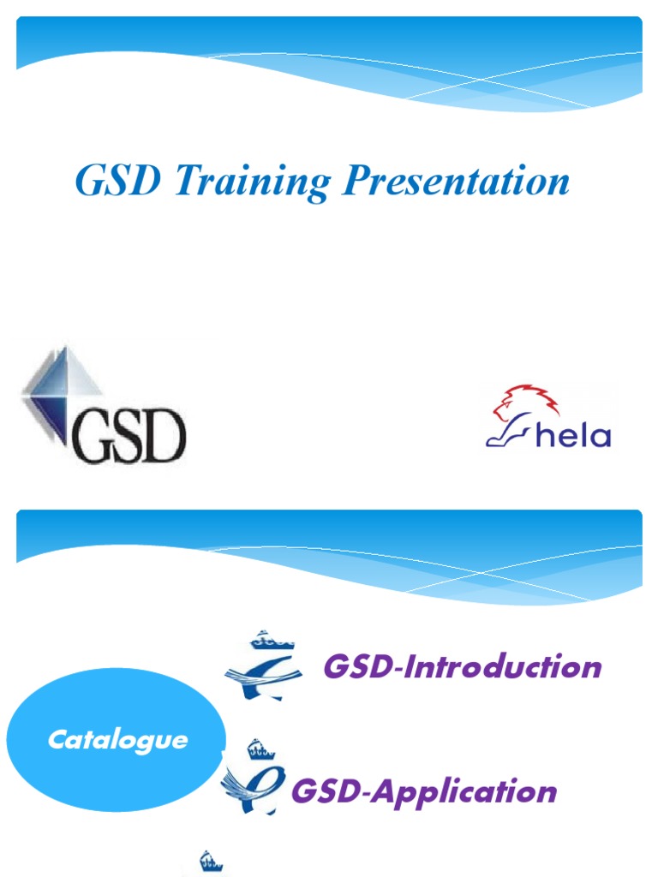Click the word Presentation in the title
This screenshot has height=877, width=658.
[x=458, y=182]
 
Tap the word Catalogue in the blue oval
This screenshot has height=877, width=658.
[x=117, y=740]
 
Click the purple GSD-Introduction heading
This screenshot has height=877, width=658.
[x=463, y=666]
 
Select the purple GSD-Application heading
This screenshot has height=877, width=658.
[x=425, y=790]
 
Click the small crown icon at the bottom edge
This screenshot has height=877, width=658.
[x=210, y=861]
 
